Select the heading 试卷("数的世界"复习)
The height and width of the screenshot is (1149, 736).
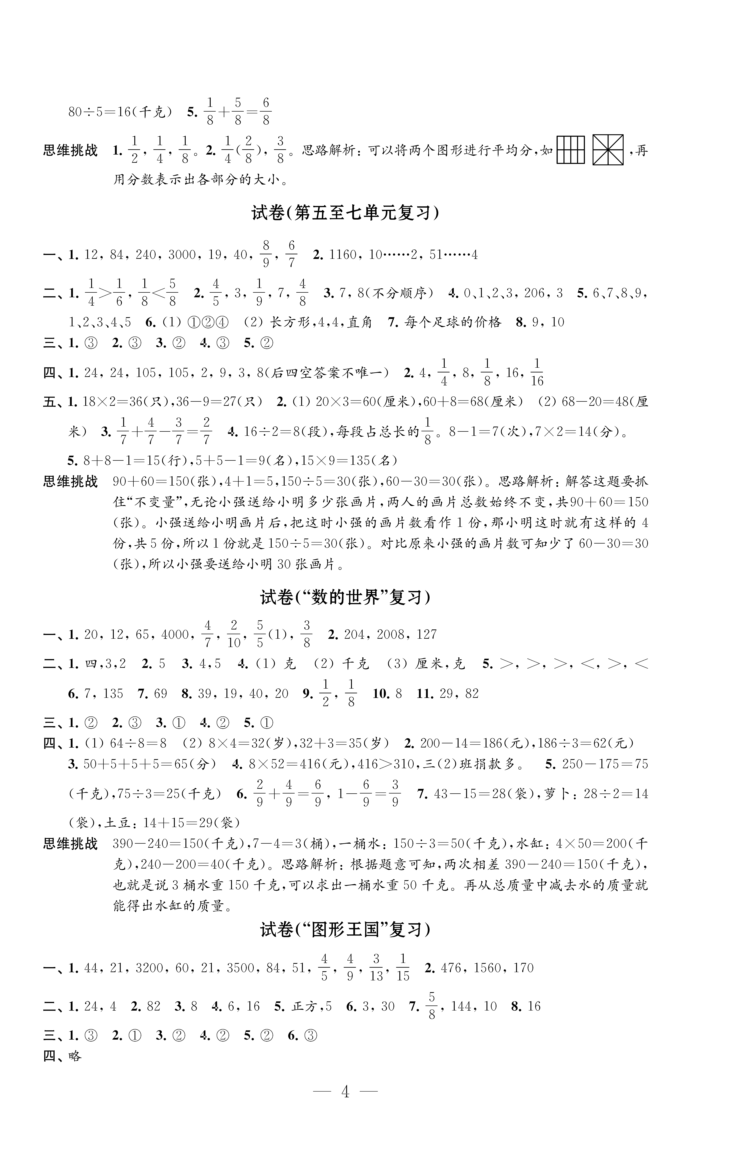point(345,598)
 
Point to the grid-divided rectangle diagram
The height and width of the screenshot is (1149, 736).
point(571,150)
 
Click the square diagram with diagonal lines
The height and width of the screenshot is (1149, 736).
point(608,150)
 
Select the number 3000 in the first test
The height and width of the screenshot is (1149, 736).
point(182,255)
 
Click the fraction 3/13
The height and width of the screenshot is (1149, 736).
point(376,968)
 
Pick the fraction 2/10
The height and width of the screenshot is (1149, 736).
point(234,634)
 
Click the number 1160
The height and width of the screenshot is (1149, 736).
point(343,255)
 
